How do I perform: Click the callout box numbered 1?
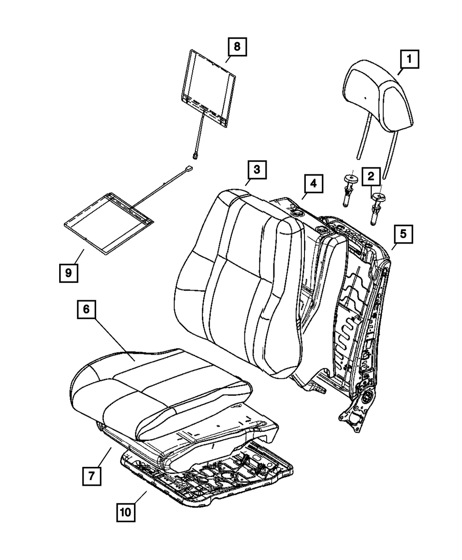(409, 60)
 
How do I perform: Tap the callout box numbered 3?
(256, 170)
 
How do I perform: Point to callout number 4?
(313, 184)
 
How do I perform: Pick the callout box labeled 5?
(403, 234)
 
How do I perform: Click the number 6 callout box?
(86, 310)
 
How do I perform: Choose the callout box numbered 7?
(91, 476)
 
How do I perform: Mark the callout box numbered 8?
(237, 47)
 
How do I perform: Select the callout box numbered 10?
(127, 512)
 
